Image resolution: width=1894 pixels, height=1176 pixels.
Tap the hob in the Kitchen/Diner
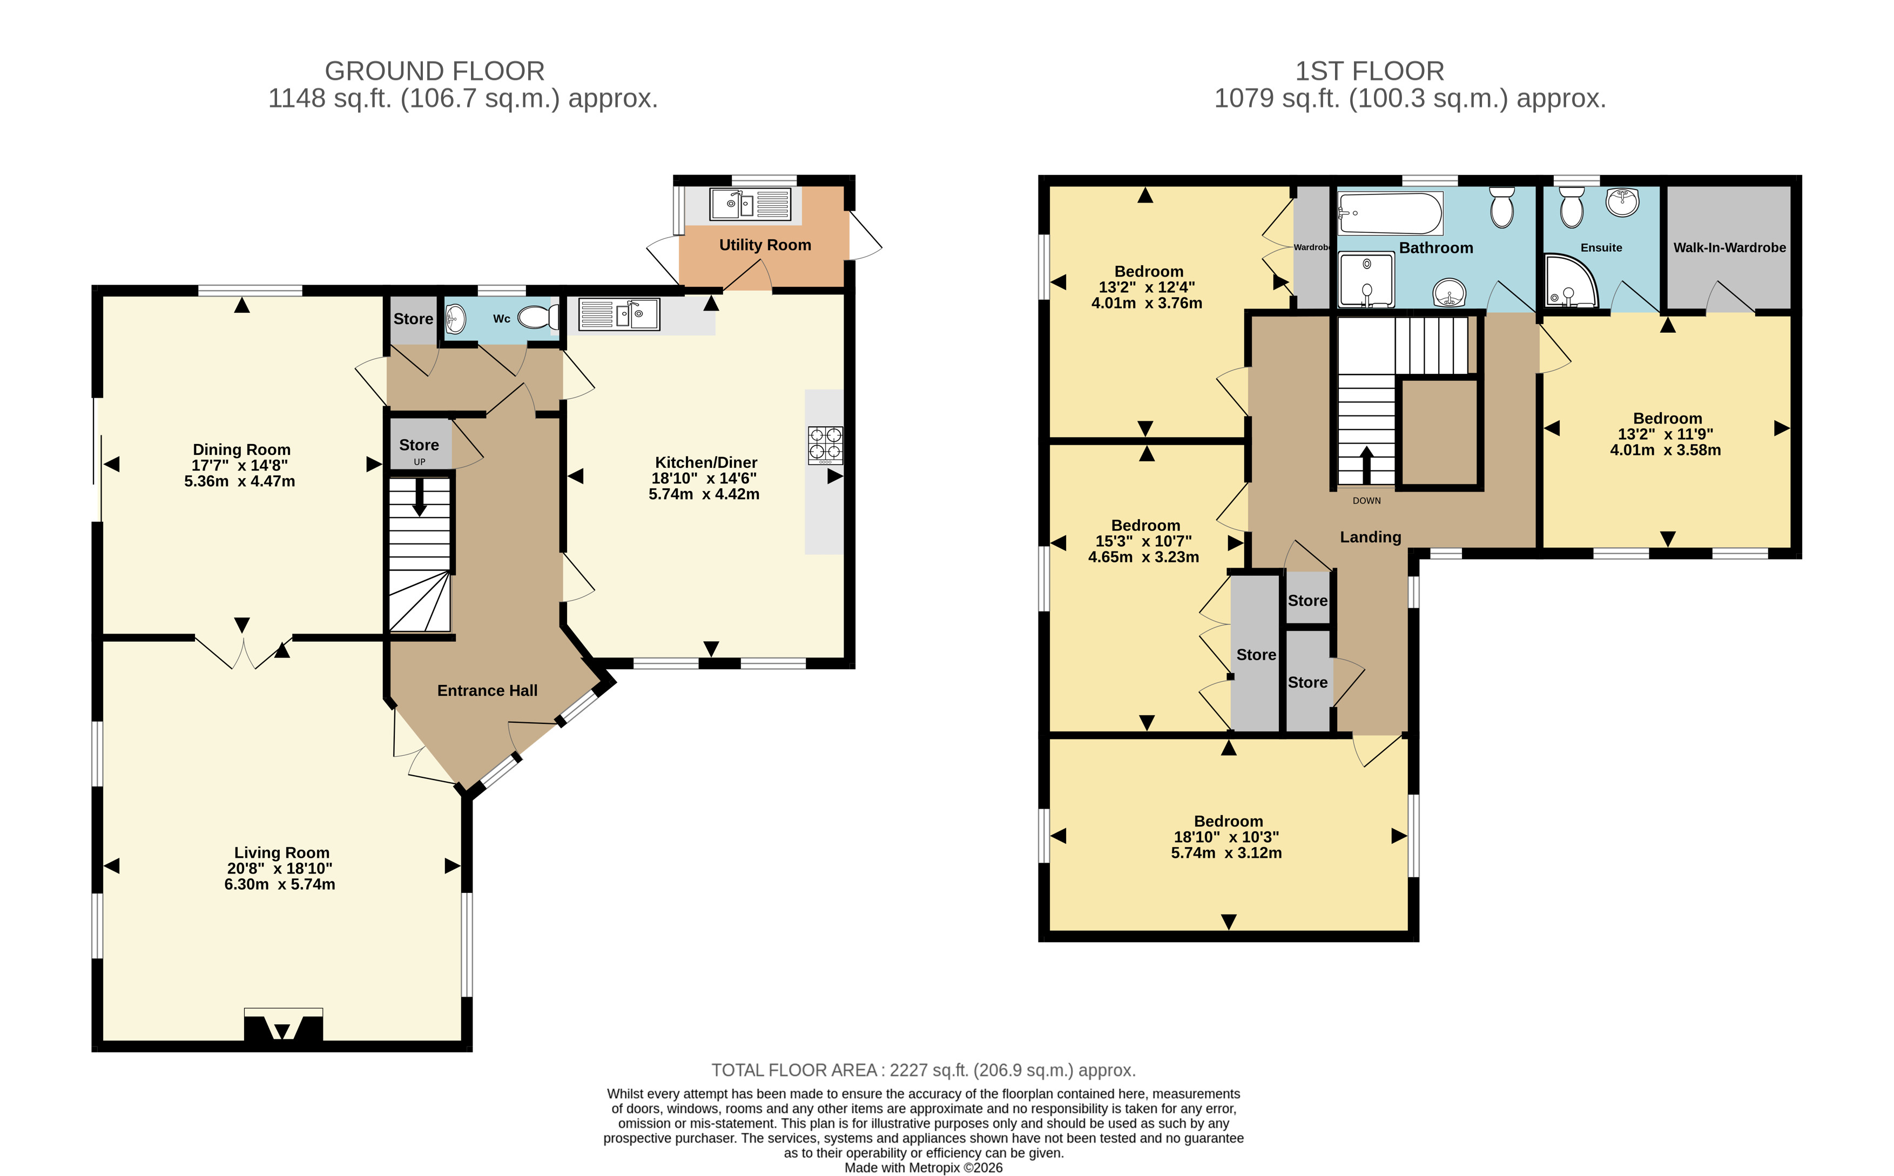(825, 446)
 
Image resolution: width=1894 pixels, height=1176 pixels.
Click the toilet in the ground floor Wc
(538, 317)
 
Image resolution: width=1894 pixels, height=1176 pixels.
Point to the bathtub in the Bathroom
(1390, 213)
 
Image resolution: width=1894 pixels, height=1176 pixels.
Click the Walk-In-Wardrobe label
(1729, 247)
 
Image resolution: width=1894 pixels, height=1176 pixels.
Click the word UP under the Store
(419, 462)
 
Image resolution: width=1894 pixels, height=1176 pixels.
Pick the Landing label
(1370, 537)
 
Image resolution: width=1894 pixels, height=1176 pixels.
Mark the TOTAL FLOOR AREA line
(924, 1071)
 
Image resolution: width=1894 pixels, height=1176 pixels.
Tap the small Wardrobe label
(1312, 247)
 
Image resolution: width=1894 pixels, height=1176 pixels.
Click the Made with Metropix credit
(924, 1167)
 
